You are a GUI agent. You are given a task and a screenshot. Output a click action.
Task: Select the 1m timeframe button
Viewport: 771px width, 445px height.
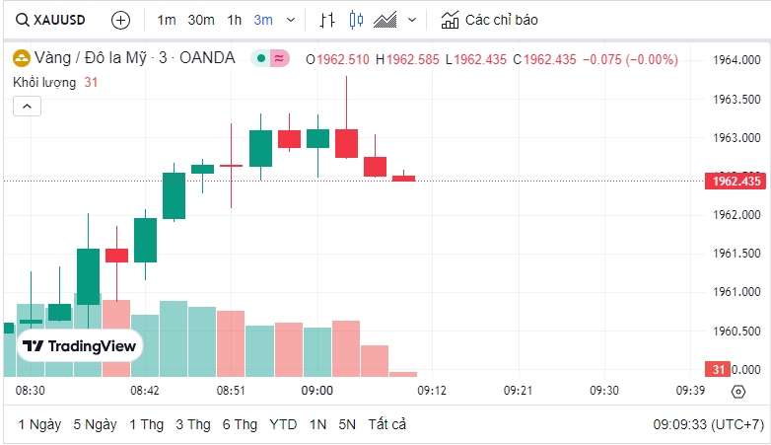pyautogui.click(x=167, y=20)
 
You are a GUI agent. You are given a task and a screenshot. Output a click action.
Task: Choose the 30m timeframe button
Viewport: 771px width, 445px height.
pyautogui.click(x=201, y=20)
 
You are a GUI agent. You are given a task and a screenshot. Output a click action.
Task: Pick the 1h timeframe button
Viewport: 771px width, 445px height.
pyautogui.click(x=234, y=20)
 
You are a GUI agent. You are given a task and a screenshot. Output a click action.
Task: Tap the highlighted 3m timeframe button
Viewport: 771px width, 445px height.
pyautogui.click(x=263, y=20)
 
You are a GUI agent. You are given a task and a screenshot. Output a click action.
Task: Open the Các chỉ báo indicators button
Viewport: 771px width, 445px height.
pyautogui.click(x=490, y=20)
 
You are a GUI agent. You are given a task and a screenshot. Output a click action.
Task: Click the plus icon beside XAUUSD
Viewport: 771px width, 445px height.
pyautogui.click(x=120, y=20)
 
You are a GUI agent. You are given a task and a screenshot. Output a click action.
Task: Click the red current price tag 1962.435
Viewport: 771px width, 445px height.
pyautogui.click(x=735, y=181)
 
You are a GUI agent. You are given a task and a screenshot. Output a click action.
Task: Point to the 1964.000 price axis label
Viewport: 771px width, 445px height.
pyautogui.click(x=736, y=60)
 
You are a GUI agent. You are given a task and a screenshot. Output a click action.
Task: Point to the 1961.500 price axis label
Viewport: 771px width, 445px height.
pyautogui.click(x=736, y=254)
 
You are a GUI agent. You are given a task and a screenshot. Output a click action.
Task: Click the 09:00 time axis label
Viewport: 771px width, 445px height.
pyautogui.click(x=317, y=391)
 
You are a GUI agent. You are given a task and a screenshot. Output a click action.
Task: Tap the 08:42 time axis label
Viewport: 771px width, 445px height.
pyautogui.click(x=145, y=391)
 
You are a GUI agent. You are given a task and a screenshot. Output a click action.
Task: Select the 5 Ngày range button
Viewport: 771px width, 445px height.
pyautogui.click(x=95, y=424)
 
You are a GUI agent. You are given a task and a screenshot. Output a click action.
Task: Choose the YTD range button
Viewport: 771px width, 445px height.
pyautogui.click(x=283, y=424)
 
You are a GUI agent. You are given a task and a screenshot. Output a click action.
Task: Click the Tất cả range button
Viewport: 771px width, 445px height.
pyautogui.click(x=387, y=424)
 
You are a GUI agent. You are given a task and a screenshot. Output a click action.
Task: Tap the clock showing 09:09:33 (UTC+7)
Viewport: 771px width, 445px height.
pyautogui.click(x=708, y=424)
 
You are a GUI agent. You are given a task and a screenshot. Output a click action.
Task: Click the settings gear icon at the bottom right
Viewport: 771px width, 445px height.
pyautogui.click(x=738, y=392)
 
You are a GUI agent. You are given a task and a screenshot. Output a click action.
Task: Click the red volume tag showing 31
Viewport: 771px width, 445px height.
pyautogui.click(x=718, y=369)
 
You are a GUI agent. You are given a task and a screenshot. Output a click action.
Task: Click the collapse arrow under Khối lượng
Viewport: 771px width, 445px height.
pyautogui.click(x=27, y=105)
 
